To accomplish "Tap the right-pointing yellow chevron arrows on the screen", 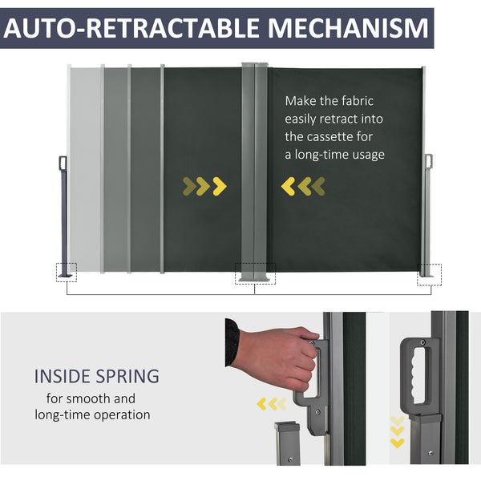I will [204, 187].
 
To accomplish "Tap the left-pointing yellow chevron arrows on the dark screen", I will [304, 187].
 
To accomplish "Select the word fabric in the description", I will [357, 101].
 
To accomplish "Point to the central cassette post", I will [254, 168].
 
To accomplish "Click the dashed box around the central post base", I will [254, 274].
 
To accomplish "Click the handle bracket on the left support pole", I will [63, 163].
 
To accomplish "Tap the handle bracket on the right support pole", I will [428, 161].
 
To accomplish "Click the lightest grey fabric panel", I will [85, 168].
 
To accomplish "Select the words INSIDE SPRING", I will [96, 376].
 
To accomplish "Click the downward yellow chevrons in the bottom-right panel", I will [398, 431].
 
